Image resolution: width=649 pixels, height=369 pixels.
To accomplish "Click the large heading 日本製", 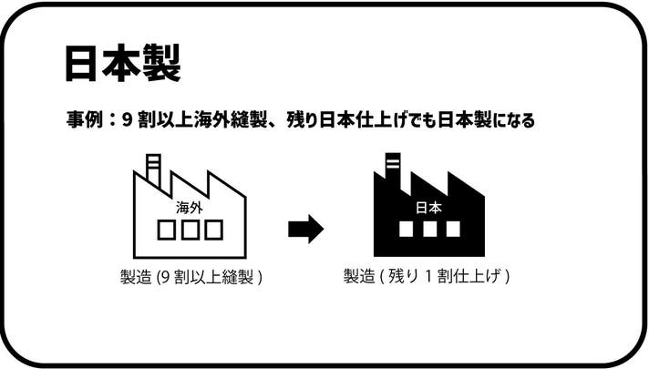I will [x=123, y=62].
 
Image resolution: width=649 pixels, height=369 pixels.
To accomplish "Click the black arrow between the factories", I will [x=305, y=229].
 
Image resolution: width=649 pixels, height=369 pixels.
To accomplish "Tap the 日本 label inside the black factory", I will [x=428, y=208].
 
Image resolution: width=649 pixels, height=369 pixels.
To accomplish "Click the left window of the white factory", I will [x=167, y=231].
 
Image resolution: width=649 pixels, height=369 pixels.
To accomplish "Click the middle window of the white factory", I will [x=190, y=231].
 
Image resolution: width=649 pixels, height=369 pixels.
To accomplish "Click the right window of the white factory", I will [x=213, y=231].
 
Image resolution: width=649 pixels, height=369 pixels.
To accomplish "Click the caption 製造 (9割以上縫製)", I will [x=191, y=276].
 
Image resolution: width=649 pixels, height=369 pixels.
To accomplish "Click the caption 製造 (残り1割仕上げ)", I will [x=426, y=276].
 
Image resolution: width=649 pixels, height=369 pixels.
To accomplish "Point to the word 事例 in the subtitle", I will [x=83, y=120].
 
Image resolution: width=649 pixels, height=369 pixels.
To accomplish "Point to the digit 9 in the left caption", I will [x=163, y=276].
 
